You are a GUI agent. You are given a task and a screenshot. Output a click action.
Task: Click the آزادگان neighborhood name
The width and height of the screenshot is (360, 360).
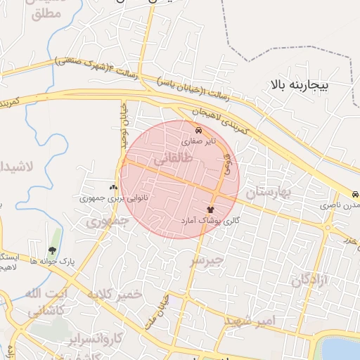coord(306,281)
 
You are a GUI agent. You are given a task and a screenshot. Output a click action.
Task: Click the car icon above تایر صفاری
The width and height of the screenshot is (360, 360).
coord(199,131)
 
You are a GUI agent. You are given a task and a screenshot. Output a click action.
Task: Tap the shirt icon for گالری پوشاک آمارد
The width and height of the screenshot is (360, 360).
coord(210,210)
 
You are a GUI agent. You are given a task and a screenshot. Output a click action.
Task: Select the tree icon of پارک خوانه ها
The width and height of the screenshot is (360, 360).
coord(53,250)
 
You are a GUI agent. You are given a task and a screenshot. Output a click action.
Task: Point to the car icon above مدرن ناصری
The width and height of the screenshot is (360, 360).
coord(356,195)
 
